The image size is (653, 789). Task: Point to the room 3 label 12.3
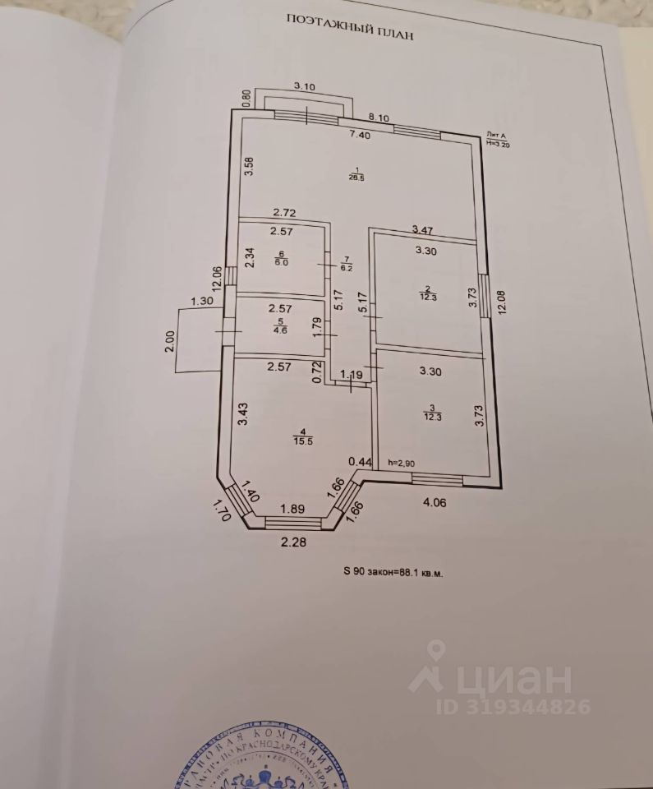[x=431, y=413]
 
